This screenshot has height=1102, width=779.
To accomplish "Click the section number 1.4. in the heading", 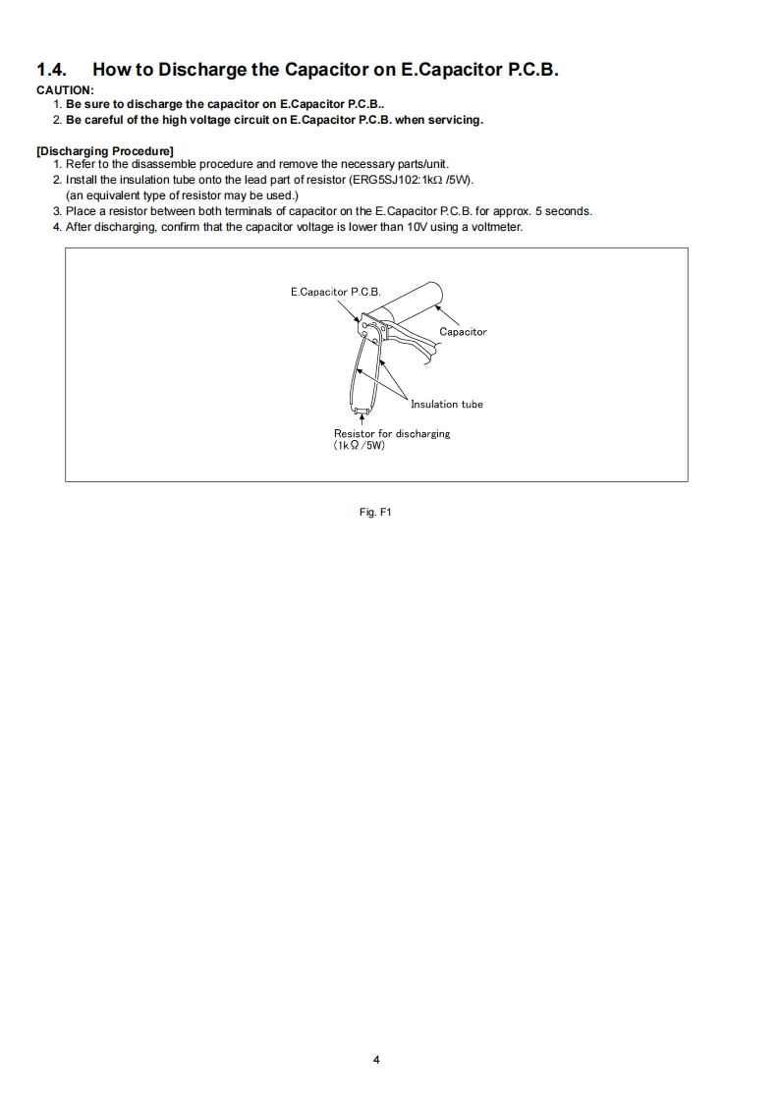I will (x=53, y=70).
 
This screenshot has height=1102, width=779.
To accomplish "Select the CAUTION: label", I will (x=65, y=90).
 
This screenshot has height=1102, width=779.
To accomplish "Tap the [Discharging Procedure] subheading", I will (x=105, y=150).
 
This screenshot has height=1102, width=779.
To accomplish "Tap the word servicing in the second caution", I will (x=453, y=120).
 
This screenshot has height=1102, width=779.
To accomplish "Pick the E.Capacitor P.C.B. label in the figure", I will (x=335, y=293).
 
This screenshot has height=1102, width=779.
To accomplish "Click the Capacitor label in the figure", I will (x=463, y=332).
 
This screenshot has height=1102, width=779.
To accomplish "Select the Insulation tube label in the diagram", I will (x=446, y=404).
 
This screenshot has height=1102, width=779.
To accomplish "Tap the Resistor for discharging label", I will (x=392, y=433).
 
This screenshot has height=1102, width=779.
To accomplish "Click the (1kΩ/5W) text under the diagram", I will (x=360, y=445).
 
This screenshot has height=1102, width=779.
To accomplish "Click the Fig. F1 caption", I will (x=376, y=512).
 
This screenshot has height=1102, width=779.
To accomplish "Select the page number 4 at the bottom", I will (x=376, y=1060).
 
